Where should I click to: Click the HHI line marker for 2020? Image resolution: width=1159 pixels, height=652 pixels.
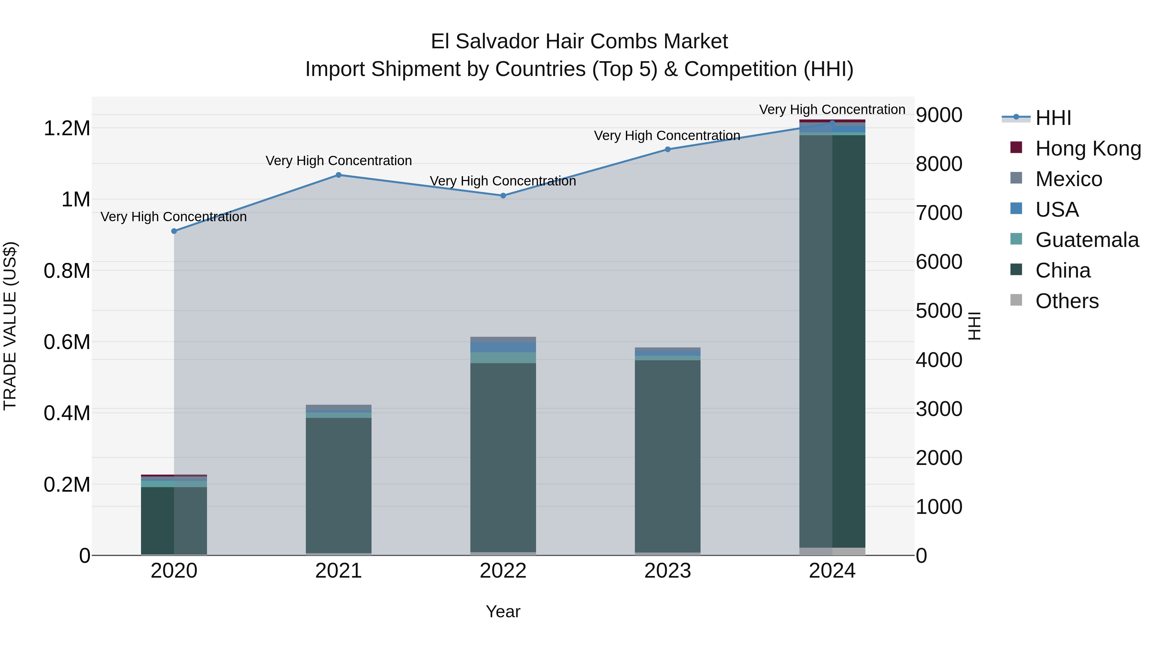pyautogui.click(x=174, y=231)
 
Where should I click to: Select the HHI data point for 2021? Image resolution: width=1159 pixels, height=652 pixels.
pyautogui.click(x=339, y=175)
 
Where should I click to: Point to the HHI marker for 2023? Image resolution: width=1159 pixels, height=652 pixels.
pyautogui.click(x=668, y=149)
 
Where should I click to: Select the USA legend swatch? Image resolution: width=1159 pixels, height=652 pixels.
pyautogui.click(x=1016, y=209)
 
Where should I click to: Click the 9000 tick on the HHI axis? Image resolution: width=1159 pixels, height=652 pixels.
pyautogui.click(x=939, y=115)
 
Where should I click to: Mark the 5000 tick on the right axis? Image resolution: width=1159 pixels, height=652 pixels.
pyautogui.click(x=939, y=311)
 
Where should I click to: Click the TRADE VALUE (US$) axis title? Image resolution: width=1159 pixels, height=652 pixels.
pyautogui.click(x=10, y=326)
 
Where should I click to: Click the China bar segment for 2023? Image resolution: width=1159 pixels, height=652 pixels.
pyautogui.click(x=668, y=454)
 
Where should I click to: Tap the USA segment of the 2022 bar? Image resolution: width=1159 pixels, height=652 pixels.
pyautogui.click(x=503, y=347)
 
